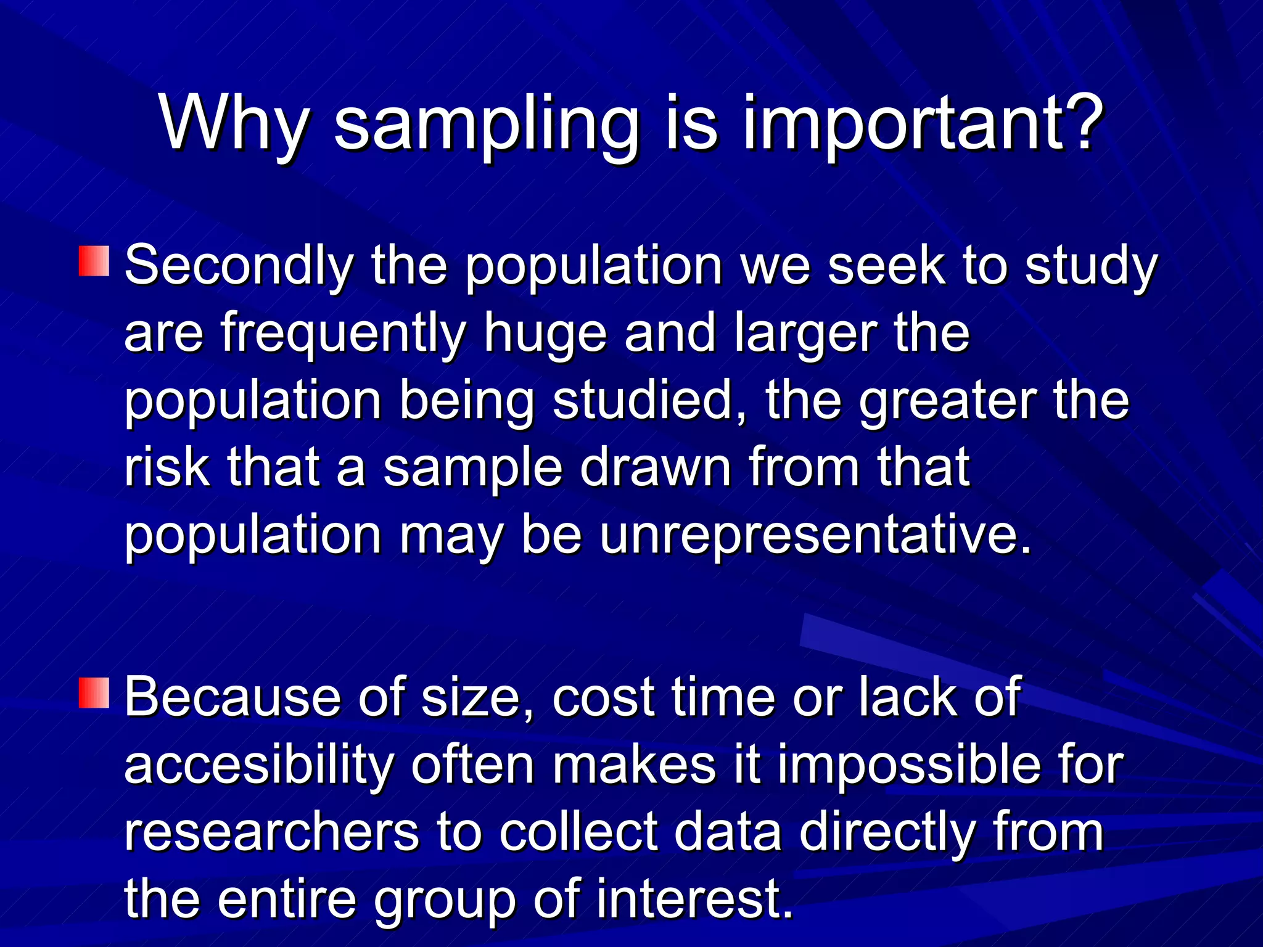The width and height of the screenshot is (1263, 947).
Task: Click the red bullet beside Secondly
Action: coord(94,261)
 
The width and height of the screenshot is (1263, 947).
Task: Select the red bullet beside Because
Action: coord(94,692)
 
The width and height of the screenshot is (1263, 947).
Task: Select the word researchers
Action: coord(272,832)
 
